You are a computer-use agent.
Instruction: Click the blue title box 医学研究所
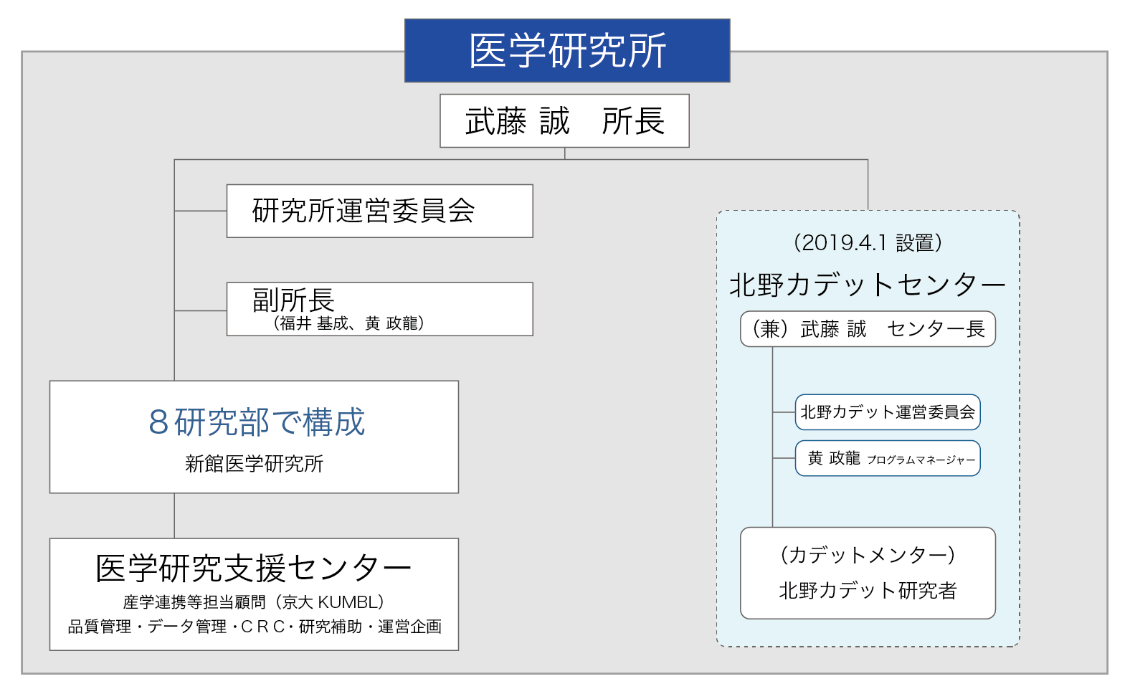(567, 50)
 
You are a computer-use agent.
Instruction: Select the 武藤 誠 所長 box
(564, 120)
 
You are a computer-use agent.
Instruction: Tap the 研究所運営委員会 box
(380, 211)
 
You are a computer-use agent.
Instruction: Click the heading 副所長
(293, 300)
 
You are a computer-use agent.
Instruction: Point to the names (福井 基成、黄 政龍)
(348, 323)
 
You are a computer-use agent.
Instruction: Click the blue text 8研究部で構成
(256, 422)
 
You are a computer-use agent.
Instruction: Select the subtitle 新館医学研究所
(255, 464)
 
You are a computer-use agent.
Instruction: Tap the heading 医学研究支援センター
(254, 569)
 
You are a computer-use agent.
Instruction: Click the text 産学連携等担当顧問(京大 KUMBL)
(255, 602)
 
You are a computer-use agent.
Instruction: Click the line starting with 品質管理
(255, 627)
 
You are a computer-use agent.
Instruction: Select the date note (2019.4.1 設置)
(868, 242)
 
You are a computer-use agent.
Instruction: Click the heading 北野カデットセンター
(868, 285)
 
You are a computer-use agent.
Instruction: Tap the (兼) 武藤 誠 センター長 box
(868, 329)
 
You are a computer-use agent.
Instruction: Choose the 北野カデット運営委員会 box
(888, 412)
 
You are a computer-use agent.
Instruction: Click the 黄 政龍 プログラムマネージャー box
(888, 458)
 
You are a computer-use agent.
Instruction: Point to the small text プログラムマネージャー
(921, 460)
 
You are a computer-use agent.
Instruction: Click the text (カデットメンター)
(868, 556)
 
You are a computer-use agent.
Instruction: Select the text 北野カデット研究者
(868, 591)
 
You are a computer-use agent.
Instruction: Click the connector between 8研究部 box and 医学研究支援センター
(174, 515)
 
